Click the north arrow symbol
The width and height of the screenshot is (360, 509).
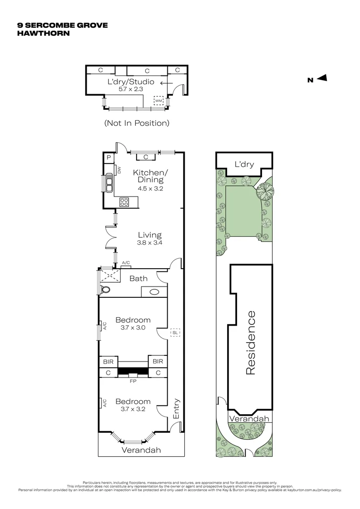coord(322,79)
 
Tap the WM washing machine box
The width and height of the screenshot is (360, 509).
coord(159,100)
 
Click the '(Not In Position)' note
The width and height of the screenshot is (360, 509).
coord(136,123)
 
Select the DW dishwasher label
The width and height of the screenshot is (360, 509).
coord(119,170)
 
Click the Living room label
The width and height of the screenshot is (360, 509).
coord(150,235)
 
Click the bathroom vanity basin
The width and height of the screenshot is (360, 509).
coord(154,292)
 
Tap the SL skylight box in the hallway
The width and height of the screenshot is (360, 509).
coord(175,333)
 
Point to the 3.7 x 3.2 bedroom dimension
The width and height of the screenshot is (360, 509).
coord(133,409)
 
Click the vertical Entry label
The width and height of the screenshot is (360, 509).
coord(176,409)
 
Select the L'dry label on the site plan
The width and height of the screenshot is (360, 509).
coord(244,164)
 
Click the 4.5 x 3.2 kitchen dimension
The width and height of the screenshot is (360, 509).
coord(150,188)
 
